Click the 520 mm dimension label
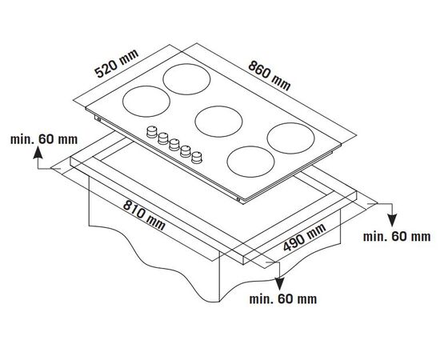[x=117, y=64]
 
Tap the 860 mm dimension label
[x=269, y=76]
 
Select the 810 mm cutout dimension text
[x=144, y=214]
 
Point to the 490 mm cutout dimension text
[x=305, y=238]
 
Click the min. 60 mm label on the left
[x=44, y=139]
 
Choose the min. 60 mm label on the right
[x=397, y=237]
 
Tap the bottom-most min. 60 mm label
[x=283, y=299]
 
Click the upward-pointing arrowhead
[x=38, y=154]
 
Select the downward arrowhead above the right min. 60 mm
[x=392, y=220]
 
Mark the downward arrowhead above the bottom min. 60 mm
[x=279, y=283]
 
